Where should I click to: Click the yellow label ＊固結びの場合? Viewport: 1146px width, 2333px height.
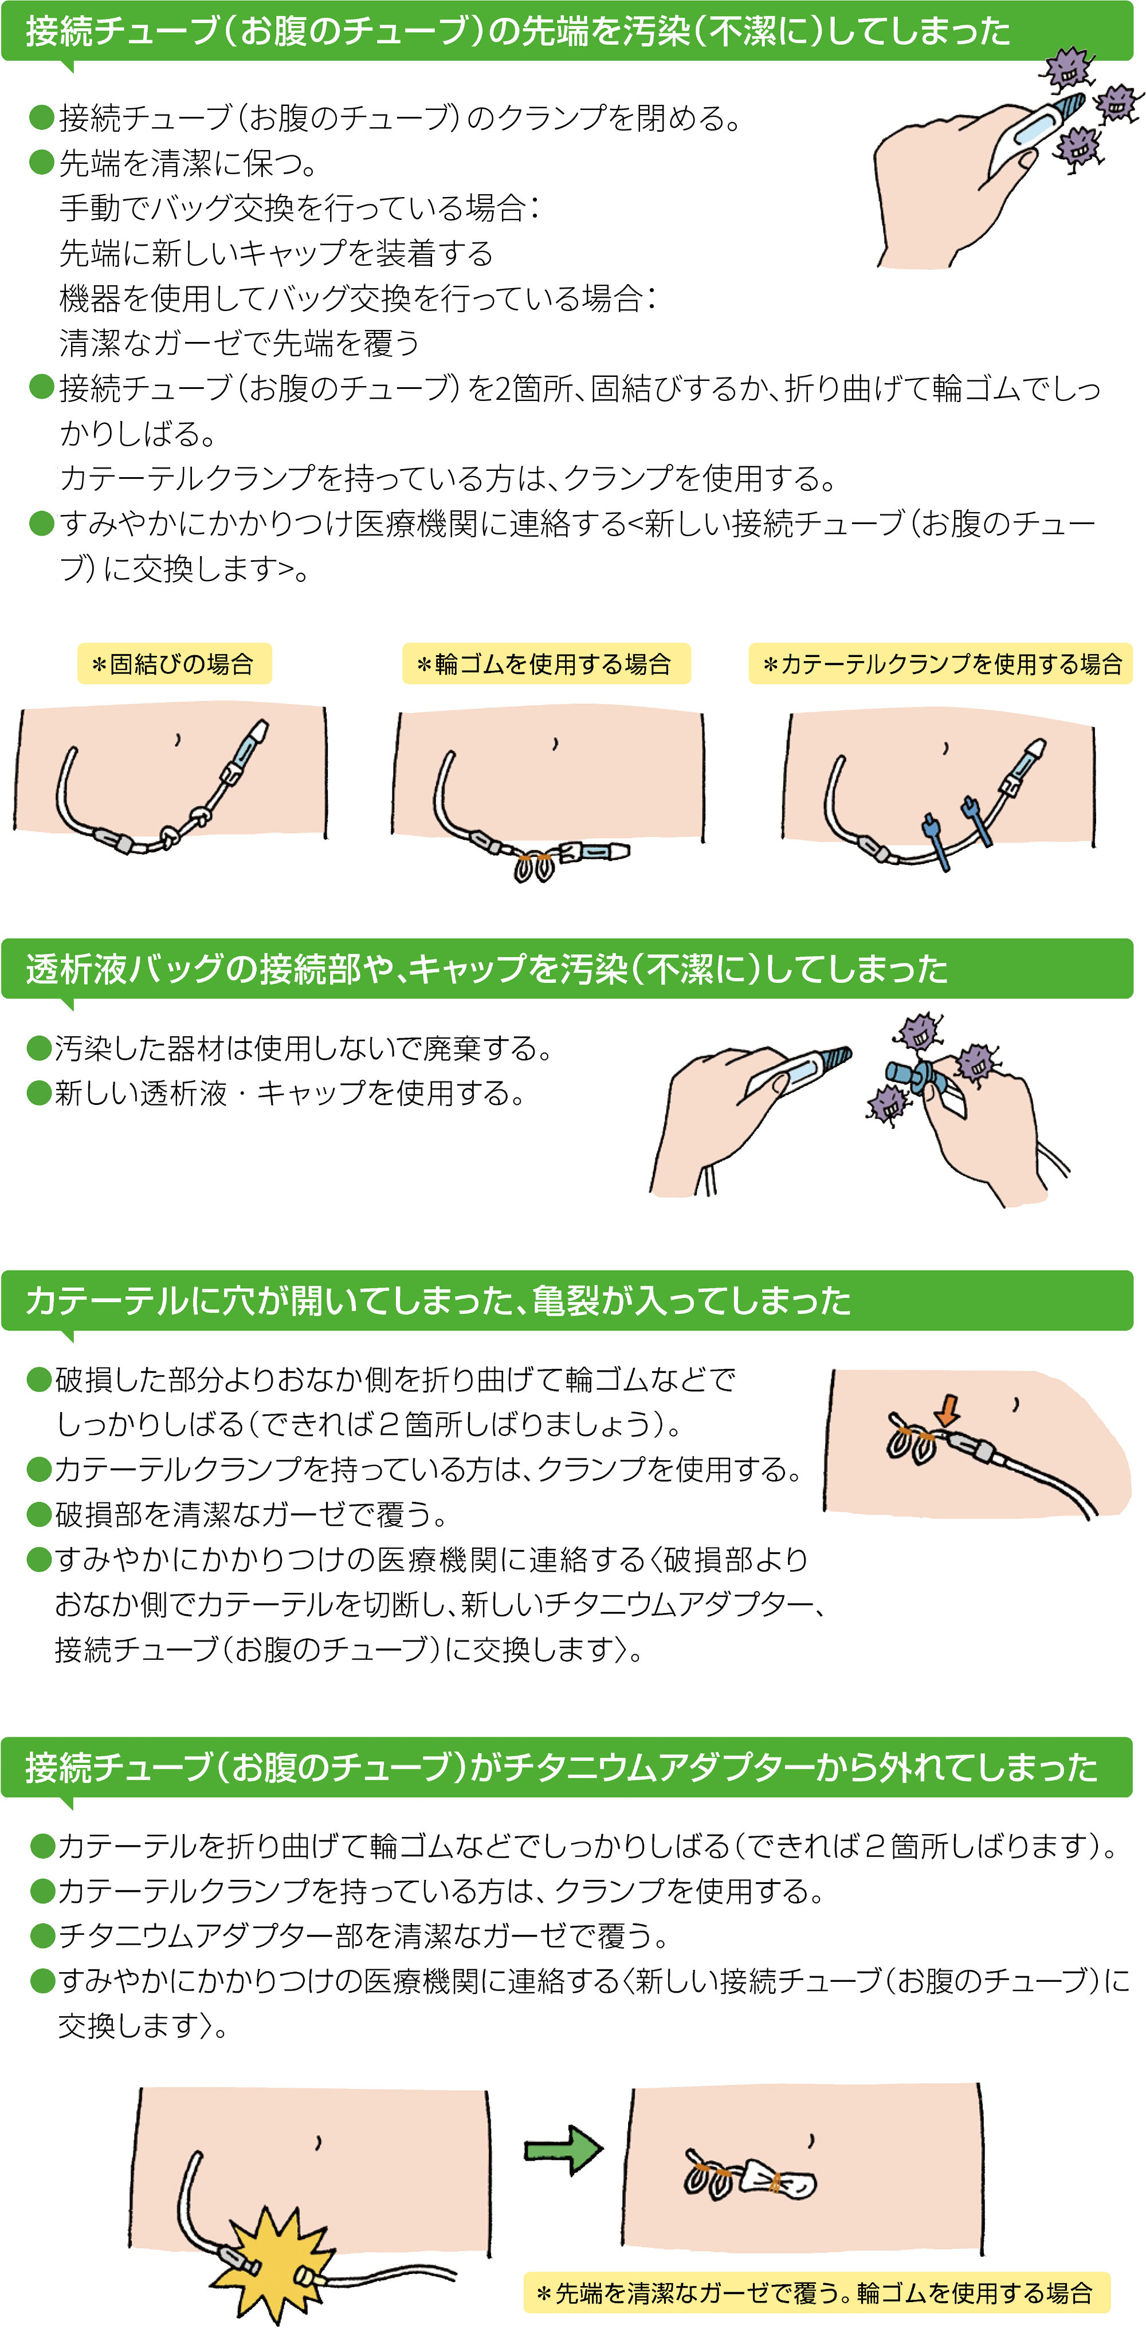point(174,664)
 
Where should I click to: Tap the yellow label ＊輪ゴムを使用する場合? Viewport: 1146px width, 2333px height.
point(545,664)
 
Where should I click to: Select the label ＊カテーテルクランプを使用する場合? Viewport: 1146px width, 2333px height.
point(940,664)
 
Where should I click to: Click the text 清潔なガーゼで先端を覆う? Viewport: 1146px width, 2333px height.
point(239,343)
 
